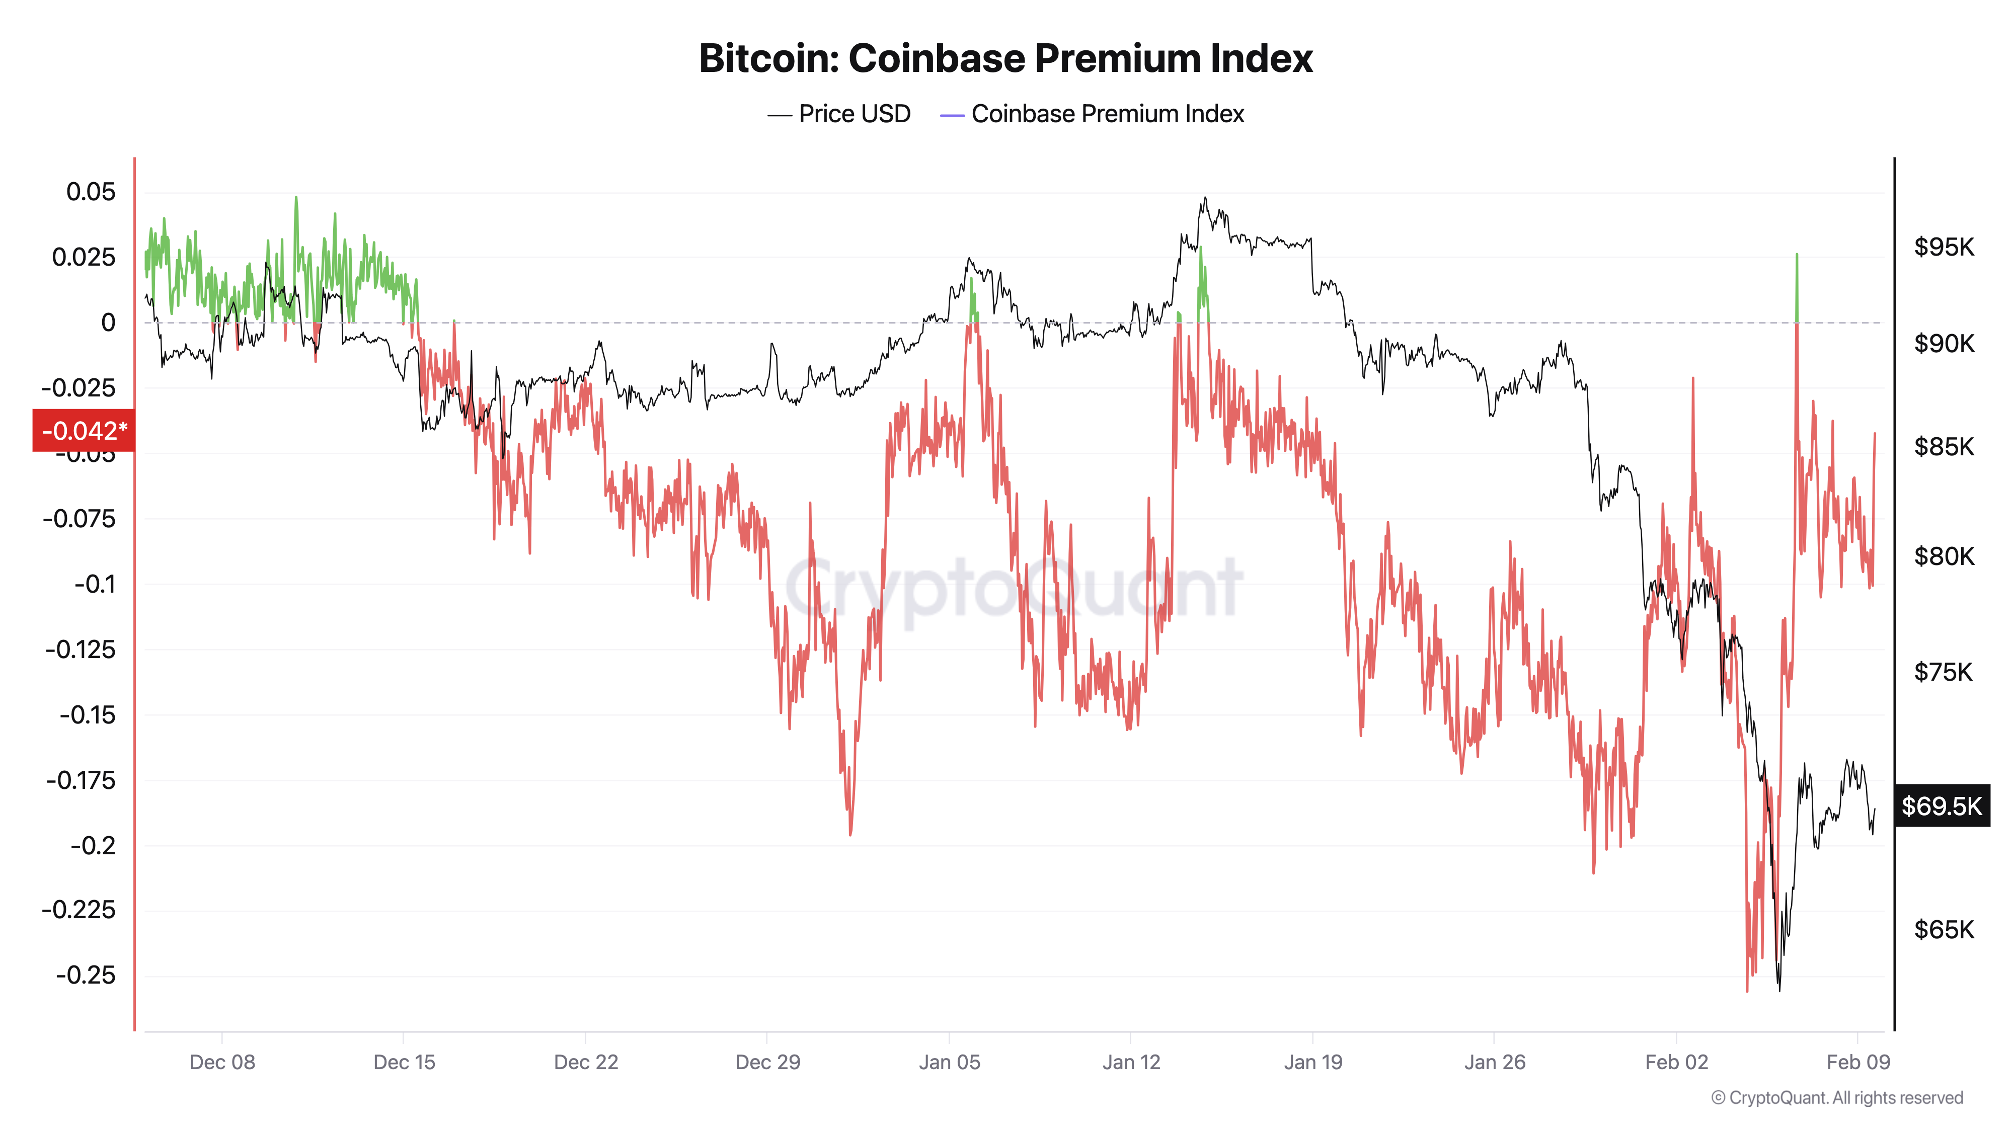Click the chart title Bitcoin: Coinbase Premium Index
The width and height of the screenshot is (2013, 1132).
[1005, 58]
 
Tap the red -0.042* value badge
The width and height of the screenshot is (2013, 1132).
[84, 431]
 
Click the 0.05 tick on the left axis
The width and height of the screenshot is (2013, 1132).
[91, 192]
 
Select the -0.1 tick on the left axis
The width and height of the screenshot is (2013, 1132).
[95, 584]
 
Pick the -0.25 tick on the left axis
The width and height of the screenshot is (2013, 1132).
[86, 976]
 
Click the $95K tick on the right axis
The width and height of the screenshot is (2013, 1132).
[1944, 248]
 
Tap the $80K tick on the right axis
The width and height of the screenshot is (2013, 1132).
[1944, 557]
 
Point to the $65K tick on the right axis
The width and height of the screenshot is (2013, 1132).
[1944, 930]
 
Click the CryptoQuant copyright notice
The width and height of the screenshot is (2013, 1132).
[1836, 1098]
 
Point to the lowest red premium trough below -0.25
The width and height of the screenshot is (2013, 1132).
[1747, 989]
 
